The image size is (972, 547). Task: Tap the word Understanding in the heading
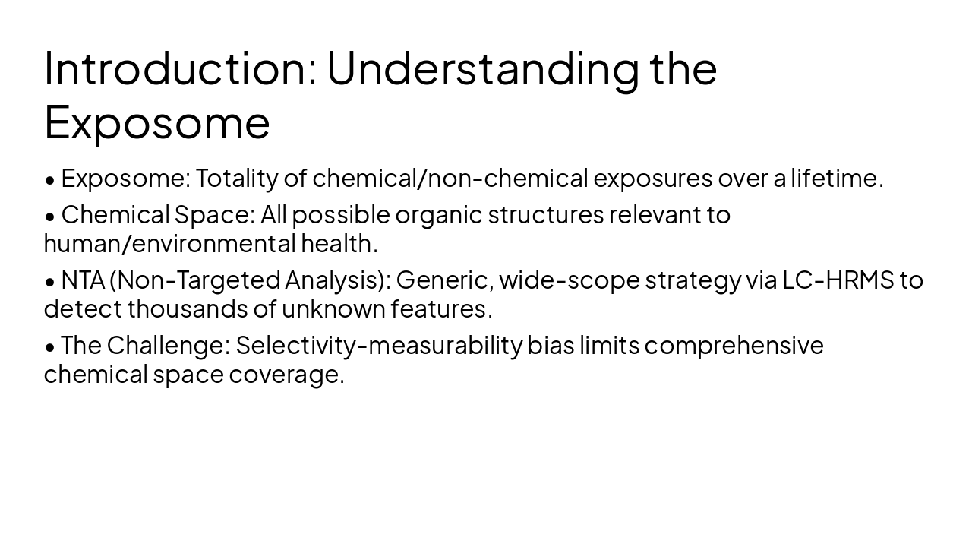(482, 68)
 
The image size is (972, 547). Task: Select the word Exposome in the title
(157, 122)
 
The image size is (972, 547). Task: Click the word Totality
(236, 179)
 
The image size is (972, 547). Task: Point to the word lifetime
(836, 179)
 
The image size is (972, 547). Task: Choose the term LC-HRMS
(838, 280)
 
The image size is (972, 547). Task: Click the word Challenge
(167, 346)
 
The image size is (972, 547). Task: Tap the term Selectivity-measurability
(379, 346)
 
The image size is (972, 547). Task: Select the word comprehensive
(734, 346)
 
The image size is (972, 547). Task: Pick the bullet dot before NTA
(50, 282)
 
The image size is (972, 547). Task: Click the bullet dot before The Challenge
(50, 347)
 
